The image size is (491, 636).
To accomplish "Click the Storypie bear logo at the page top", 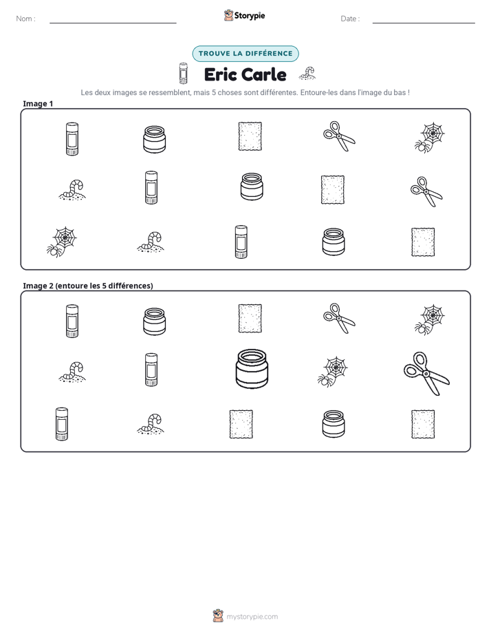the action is tap(228, 15).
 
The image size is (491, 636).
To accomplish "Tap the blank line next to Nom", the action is tap(113, 23).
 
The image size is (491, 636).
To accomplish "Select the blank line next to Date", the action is tap(424, 23).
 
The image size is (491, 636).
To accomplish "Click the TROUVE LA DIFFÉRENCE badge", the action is tap(245, 54).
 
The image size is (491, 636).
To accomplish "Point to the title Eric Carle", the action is tap(245, 74).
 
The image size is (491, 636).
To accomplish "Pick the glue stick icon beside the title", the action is tap(184, 73).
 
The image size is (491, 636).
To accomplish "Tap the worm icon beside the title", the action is tap(307, 73).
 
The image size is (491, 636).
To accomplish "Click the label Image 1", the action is tap(38, 103).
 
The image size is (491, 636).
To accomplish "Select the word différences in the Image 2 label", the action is tap(131, 286).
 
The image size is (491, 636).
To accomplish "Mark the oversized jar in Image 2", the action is tap(252, 369).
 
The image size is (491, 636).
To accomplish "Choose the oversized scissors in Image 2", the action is tap(426, 374).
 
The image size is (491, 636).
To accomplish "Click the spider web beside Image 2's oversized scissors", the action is tap(333, 372).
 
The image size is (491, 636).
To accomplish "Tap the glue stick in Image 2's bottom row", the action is tap(62, 424).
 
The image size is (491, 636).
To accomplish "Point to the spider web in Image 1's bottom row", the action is tap(62, 242).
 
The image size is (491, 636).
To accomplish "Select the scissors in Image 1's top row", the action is tap(339, 136).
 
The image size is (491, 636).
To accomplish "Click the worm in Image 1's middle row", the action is tap(72, 190).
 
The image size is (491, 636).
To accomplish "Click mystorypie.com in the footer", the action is tap(252, 617).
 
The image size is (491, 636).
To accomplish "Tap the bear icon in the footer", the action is tap(218, 616).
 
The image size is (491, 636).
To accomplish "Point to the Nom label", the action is tap(25, 19).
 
